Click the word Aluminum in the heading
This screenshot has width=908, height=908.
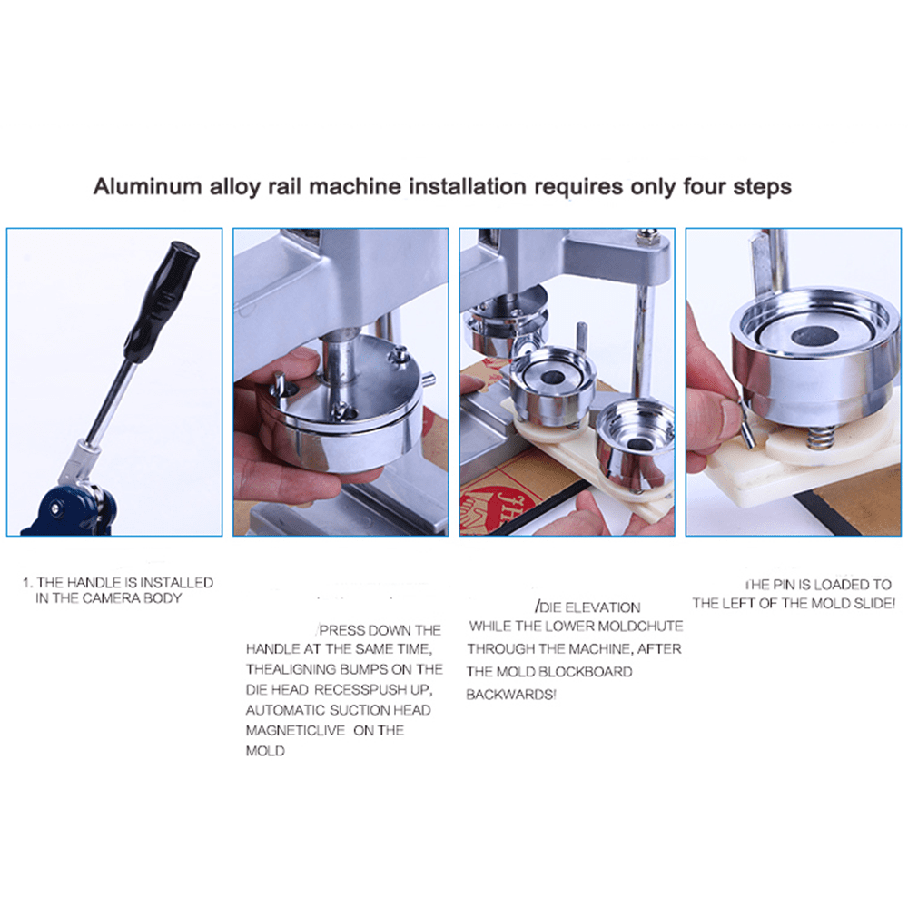coord(147,187)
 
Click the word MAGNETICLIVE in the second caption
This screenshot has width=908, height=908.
coord(295,730)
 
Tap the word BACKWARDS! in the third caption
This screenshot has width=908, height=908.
coord(511,694)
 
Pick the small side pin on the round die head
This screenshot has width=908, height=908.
coord(428,380)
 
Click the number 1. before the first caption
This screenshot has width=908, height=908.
coord(27,583)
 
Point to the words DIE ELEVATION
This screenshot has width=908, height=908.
coord(587,607)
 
